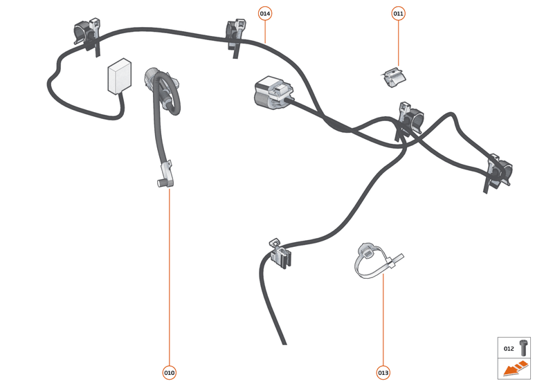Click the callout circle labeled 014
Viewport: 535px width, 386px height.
tap(266, 13)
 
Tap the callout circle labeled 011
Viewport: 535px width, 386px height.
tap(398, 13)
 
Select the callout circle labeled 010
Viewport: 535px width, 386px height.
tap(170, 373)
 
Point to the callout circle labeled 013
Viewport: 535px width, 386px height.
tap(383, 373)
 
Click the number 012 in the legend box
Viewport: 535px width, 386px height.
tap(509, 349)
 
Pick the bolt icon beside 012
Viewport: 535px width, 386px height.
tap(523, 348)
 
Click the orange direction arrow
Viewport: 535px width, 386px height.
tap(515, 370)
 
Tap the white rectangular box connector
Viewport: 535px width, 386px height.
tap(119, 77)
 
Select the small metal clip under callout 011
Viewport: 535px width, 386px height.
tap(394, 77)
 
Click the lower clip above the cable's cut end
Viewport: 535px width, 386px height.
tap(280, 253)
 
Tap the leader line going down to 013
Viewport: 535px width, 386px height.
tap(383, 318)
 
